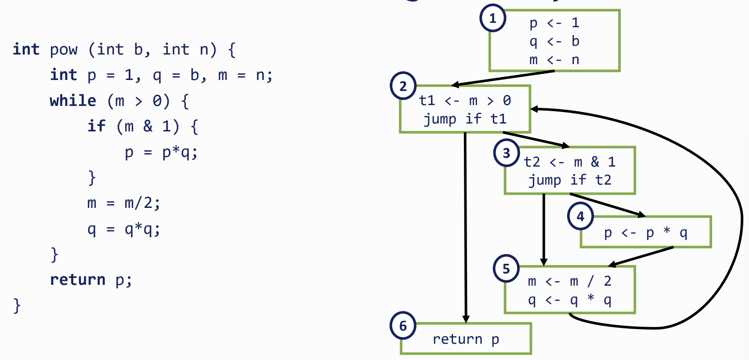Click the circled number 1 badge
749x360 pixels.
pos(492,18)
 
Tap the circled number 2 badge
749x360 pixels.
pos(403,86)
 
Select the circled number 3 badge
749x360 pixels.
pos(506,153)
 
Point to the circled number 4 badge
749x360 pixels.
pos(580,216)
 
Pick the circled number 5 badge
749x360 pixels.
pos(506,269)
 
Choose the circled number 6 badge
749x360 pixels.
pos(403,326)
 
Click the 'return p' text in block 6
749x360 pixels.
pos(466,339)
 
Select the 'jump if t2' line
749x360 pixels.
pos(569,180)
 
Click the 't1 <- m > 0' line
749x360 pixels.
pos(465,101)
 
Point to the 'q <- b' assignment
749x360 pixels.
pos(554,41)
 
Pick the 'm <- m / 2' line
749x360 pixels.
pos(569,281)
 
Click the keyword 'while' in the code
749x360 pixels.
pos(73,101)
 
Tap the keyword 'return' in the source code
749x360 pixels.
pos(78,280)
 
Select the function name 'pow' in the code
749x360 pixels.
pos(64,50)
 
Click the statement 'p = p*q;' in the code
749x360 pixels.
pos(161,152)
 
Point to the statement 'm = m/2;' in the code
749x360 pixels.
pos(123,203)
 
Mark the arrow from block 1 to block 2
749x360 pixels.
pos(503,78)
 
